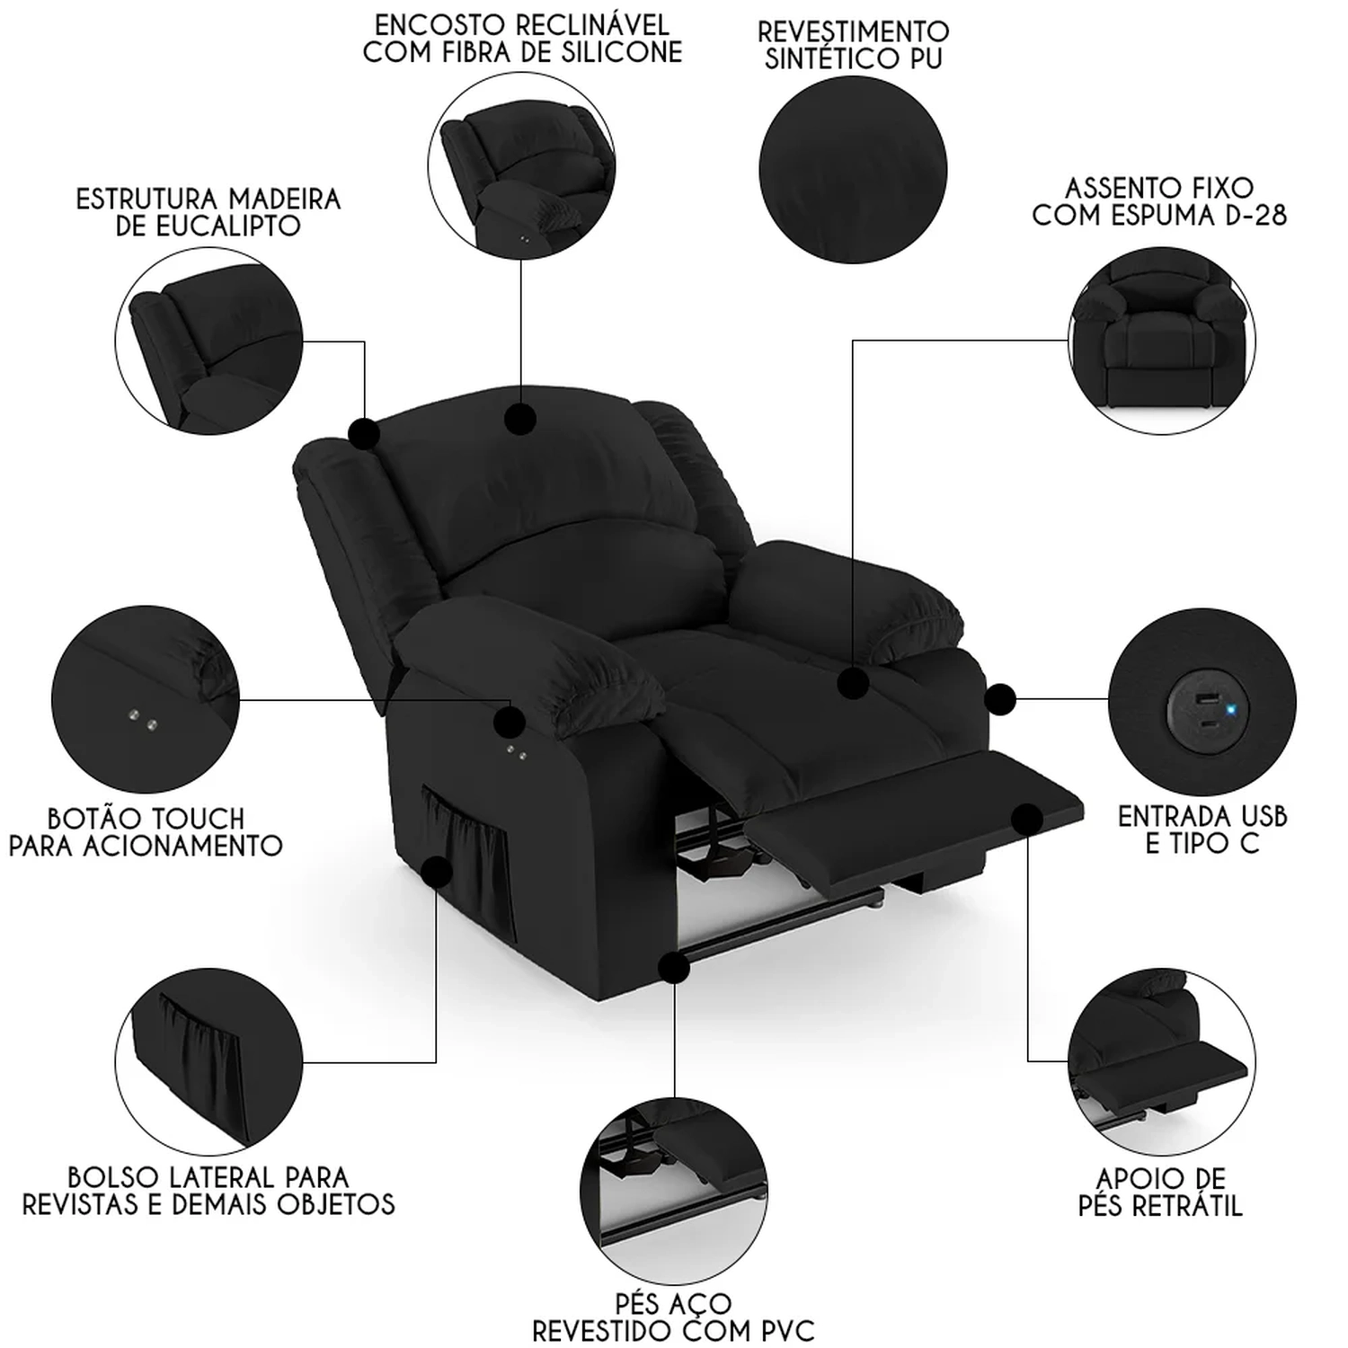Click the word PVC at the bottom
(778, 1331)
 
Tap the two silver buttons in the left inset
(143, 718)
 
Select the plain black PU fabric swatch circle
(853, 170)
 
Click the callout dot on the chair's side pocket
(437, 872)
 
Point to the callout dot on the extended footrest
(1027, 819)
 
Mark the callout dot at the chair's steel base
(673, 968)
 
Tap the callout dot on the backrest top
(520, 419)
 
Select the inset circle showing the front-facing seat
(1162, 341)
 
